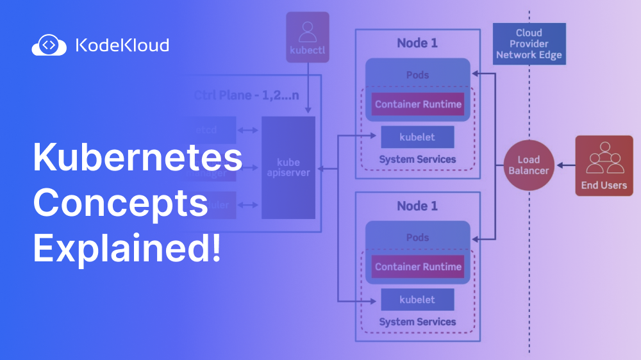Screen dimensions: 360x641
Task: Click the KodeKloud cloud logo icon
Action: (49, 45)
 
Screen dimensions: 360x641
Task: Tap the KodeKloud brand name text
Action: (122, 45)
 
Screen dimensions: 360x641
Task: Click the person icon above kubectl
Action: (308, 31)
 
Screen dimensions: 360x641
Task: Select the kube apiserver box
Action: (288, 168)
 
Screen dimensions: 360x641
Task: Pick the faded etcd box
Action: (208, 130)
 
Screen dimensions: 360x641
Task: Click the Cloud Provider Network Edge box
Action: (529, 44)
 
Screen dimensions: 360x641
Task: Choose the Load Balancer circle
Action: (529, 165)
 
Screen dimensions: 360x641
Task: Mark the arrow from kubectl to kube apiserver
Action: (308, 90)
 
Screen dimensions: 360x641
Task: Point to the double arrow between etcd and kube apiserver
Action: (248, 130)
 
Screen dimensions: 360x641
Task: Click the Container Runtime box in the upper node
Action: (418, 104)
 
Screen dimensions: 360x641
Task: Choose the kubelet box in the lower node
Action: (417, 299)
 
